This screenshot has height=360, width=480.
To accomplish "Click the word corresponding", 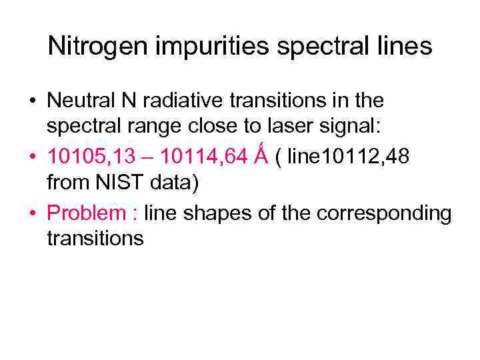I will pyautogui.click(x=384, y=213).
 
